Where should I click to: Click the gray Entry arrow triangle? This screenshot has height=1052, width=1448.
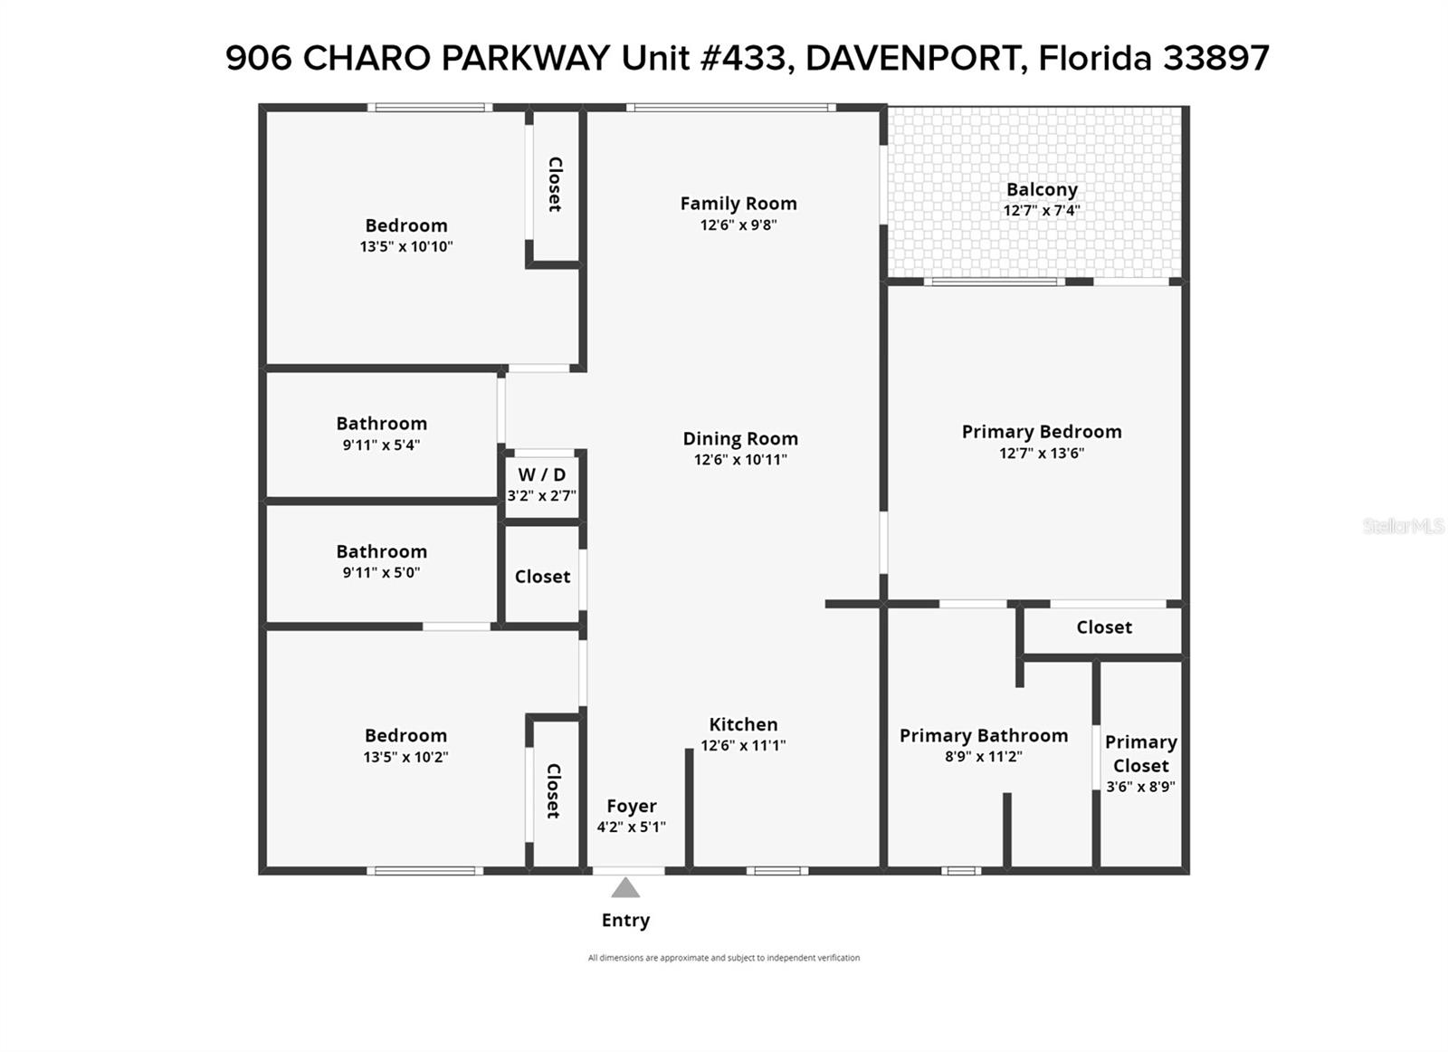point(625,888)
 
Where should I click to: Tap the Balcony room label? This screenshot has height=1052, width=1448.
point(1042,189)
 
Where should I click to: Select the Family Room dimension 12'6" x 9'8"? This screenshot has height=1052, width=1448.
point(738,225)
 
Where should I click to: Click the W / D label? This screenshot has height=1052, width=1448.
point(542,474)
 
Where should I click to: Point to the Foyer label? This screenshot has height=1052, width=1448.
point(632,806)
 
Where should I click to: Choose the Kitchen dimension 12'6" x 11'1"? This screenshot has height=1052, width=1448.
point(743,745)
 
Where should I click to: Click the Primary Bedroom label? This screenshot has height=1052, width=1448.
point(1042,431)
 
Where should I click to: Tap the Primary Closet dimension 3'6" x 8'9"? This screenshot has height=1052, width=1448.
point(1141,787)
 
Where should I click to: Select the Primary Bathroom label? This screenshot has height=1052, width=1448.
point(983,735)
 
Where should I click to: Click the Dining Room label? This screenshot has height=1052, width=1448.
point(740,438)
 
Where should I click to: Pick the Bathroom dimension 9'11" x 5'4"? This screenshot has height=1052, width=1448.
point(381,445)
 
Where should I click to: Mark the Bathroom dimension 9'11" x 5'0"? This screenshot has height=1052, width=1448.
point(381,572)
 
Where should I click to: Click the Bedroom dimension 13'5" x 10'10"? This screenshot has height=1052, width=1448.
point(406,246)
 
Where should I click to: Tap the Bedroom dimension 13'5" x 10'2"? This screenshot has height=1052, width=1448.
point(405,757)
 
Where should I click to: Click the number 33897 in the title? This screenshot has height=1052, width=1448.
point(1216,58)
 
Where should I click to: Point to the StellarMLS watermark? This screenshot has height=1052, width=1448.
point(1404,526)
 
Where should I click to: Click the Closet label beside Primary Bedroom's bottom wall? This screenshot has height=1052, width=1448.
point(1104,627)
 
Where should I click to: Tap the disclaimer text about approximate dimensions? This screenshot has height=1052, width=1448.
point(723,958)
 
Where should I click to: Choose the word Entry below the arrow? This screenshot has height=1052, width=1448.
point(625,920)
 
